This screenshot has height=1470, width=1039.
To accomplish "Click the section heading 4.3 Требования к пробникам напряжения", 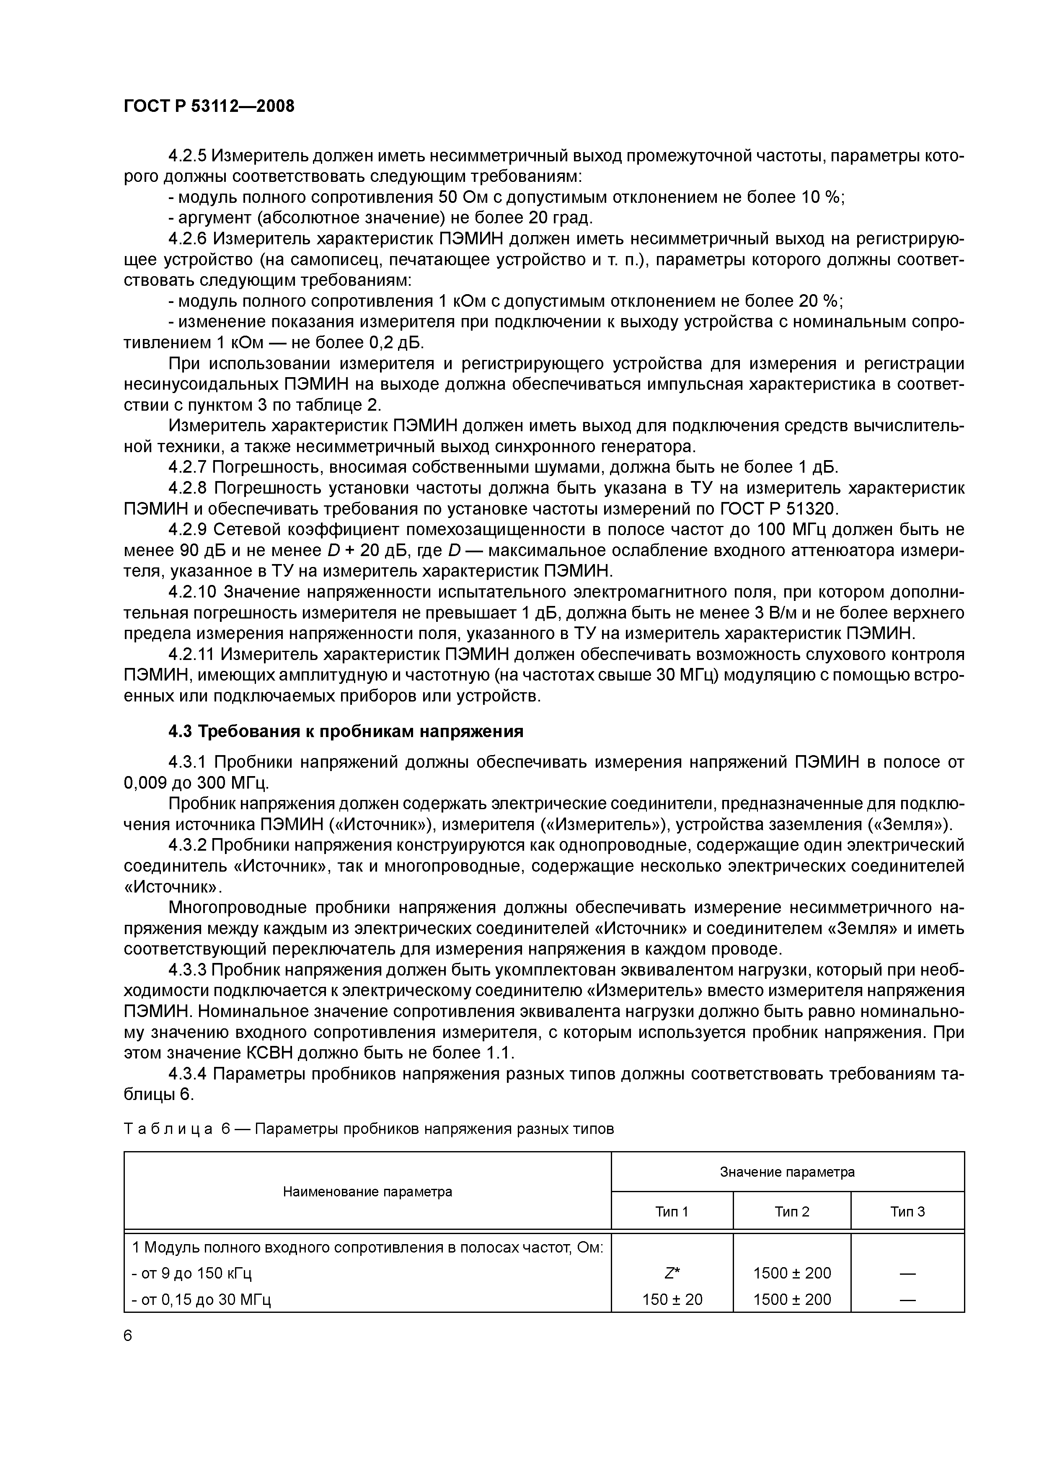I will click(x=346, y=731).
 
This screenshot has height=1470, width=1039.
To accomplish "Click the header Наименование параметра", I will click(x=367, y=1191).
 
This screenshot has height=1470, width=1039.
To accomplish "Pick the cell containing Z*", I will click(x=672, y=1273).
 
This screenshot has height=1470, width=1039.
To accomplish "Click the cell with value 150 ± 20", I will click(x=672, y=1299).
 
